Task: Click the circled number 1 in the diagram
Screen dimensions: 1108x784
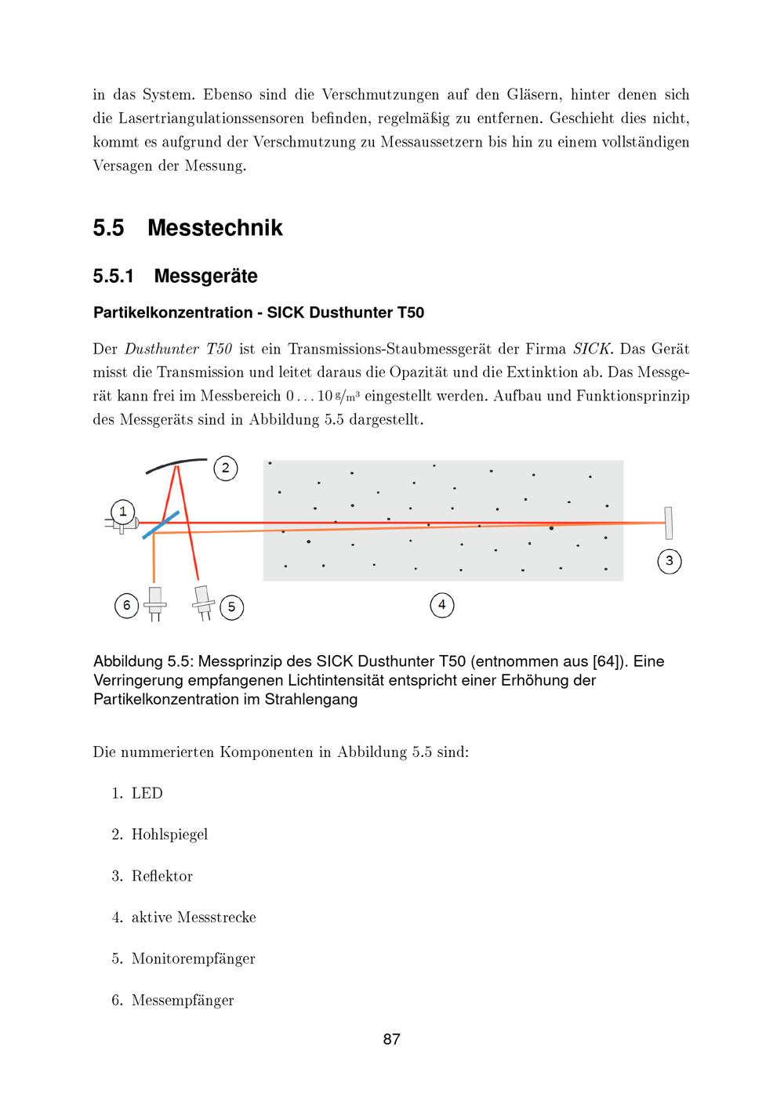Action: (122, 512)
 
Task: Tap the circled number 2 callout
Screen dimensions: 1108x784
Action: (225, 469)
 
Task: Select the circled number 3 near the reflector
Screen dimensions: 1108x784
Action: (669, 561)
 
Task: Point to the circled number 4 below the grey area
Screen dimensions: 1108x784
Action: (442, 604)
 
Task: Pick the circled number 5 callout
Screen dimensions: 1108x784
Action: (231, 607)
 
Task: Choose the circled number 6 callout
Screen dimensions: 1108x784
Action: (127, 605)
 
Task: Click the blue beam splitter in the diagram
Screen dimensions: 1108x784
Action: (161, 524)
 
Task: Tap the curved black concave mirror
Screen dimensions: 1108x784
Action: (176, 463)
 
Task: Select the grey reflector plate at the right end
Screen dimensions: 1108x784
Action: (669, 523)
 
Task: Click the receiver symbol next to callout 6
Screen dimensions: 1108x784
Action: (155, 601)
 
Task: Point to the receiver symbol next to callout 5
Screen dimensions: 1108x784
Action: (204, 600)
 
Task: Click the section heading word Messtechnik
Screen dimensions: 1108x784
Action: (215, 228)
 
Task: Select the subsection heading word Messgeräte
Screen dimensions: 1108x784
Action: (205, 277)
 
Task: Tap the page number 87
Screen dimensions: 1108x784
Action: (392, 1040)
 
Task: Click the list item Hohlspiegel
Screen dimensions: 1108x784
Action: (169, 835)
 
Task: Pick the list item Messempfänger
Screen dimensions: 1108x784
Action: (183, 1000)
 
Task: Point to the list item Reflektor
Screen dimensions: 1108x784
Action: (162, 876)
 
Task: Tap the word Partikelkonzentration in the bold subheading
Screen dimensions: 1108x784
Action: (172, 313)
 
